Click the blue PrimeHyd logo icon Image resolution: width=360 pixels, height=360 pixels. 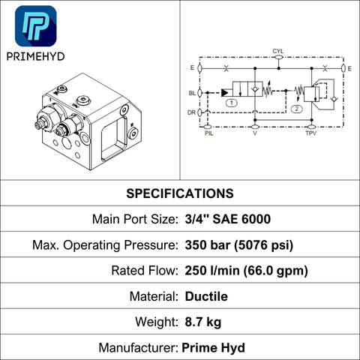pos(36,26)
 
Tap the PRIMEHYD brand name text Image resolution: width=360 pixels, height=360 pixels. pos(35,57)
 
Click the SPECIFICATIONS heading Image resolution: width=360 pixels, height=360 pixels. pos(180,193)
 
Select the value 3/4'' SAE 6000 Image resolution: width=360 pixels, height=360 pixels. pos(228,219)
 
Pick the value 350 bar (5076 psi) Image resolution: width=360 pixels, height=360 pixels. pos(239,245)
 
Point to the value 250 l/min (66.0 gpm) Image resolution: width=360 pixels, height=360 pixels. pos(247,271)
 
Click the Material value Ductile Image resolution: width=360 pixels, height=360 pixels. pos(206,296)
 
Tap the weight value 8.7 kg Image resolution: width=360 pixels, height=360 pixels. pos(203,322)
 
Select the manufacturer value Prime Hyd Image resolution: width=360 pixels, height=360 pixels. pos(213,348)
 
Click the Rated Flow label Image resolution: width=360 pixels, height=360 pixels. pos(145,271)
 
